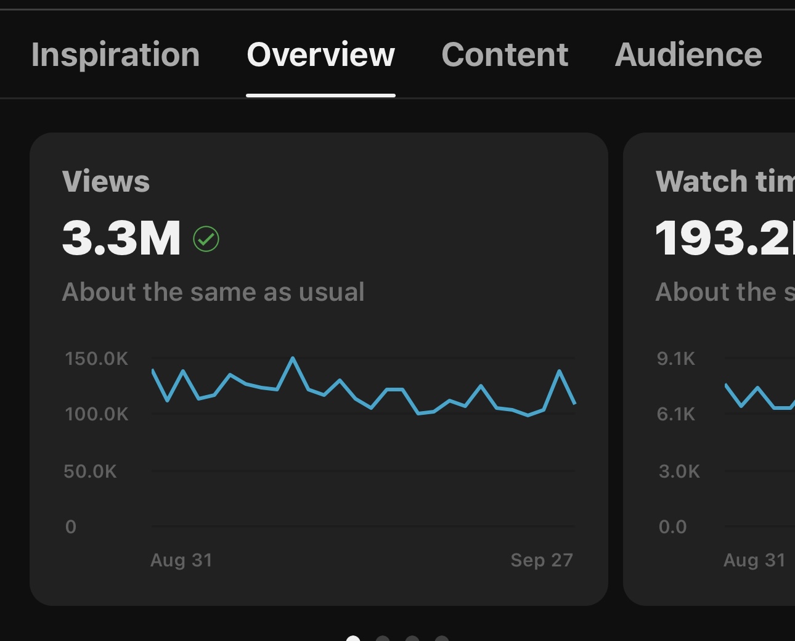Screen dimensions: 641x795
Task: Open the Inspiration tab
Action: point(115,55)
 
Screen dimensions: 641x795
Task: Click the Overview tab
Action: point(320,55)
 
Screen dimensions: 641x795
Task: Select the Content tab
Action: point(505,55)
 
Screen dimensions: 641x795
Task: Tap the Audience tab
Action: point(688,55)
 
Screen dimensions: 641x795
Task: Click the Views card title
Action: point(106,181)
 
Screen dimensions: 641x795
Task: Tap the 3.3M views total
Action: point(121,238)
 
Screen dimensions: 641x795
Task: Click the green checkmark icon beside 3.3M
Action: point(206,239)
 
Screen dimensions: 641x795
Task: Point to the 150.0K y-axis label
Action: point(97,359)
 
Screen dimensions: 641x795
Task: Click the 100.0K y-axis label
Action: point(97,414)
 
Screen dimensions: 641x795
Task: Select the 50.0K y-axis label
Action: point(90,472)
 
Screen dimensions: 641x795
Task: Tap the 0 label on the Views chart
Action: point(71,527)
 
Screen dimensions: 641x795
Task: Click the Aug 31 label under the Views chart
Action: point(181,560)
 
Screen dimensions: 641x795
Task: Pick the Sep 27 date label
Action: point(542,560)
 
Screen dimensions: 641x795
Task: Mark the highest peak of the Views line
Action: point(293,358)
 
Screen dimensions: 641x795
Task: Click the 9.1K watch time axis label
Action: point(675,359)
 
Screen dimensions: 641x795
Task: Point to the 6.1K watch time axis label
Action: point(675,414)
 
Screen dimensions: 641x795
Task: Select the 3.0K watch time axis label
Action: point(679,472)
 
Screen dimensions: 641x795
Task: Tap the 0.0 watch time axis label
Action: point(672,527)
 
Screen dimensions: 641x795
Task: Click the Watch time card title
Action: point(725,181)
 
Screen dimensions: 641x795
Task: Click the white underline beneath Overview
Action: point(320,96)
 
